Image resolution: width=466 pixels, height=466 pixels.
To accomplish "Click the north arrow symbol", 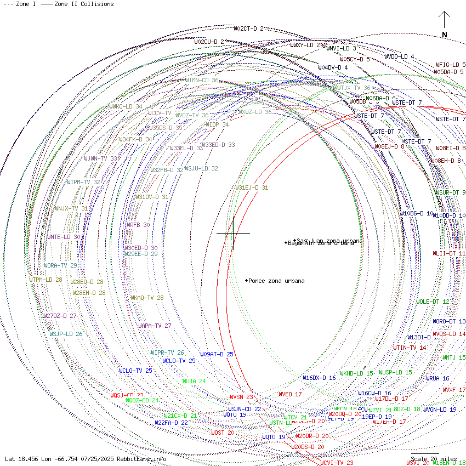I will pyautogui.click(x=445, y=25).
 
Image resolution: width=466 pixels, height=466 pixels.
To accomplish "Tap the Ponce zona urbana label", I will pyautogui.click(x=276, y=281).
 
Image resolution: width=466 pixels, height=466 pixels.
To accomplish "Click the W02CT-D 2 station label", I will pyautogui.click(x=248, y=29).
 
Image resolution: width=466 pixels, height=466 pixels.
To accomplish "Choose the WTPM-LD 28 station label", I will pyautogui.click(x=46, y=280).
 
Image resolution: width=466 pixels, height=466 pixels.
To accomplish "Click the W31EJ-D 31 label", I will pyautogui.click(x=252, y=187).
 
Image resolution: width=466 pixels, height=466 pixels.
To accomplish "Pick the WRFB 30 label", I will pyautogui.click(x=138, y=225).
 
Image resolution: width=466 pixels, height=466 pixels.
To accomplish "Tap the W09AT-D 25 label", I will pyautogui.click(x=217, y=354).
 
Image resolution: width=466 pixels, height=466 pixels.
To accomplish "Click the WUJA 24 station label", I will pyautogui.click(x=194, y=381).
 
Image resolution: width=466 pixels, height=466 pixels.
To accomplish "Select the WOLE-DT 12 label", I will pyautogui.click(x=433, y=302).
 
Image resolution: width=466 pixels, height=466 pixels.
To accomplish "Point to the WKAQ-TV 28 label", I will pyautogui.click(x=147, y=298).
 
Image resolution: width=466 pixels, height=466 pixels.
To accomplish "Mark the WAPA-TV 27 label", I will pyautogui.click(x=155, y=326).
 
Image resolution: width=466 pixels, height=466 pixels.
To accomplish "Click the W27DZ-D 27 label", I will pyautogui.click(x=60, y=316).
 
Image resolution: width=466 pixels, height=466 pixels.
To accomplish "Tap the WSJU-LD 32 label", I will pyautogui.click(x=201, y=168).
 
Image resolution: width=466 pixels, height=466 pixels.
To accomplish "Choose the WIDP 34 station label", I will pyautogui.click(x=217, y=124).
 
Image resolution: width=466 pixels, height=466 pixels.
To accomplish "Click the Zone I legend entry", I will pyautogui.click(x=20, y=4).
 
